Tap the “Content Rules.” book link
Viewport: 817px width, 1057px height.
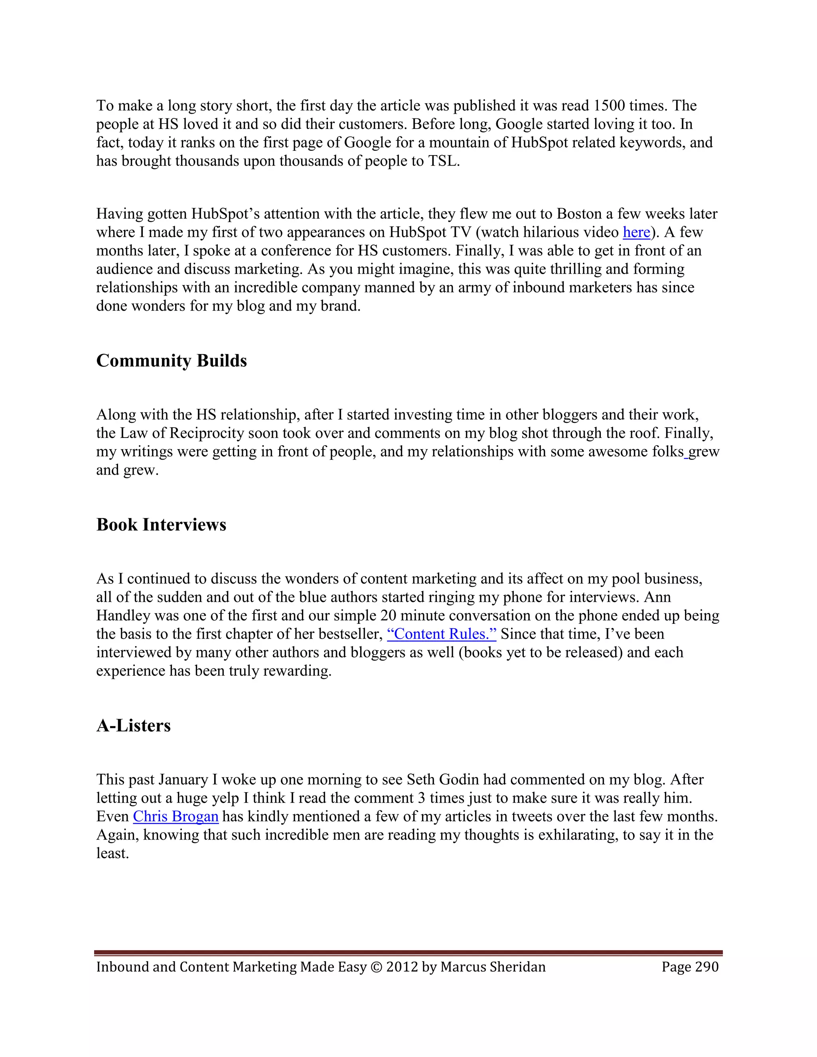tap(442, 635)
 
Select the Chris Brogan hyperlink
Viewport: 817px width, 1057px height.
tap(176, 817)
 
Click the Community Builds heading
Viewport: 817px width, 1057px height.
tap(171, 361)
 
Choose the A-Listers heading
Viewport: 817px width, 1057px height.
tap(134, 726)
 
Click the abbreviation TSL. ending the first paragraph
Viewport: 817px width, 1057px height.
tap(443, 161)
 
